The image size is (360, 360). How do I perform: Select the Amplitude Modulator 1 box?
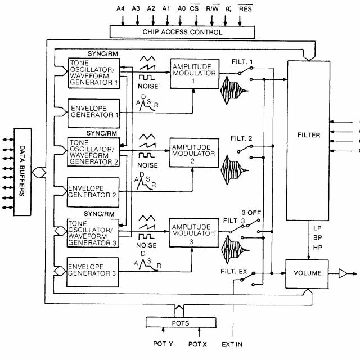tap(194, 72)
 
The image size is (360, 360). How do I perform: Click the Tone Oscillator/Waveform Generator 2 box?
tap(93, 151)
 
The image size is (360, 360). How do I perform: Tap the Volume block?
tap(308, 273)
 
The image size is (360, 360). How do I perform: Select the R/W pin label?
tap(213, 8)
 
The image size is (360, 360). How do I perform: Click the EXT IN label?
tap(232, 344)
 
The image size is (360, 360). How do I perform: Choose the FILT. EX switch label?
tap(235, 272)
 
